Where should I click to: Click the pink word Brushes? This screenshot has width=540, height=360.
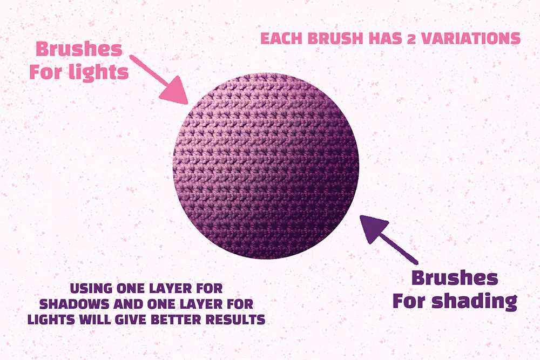pos(79,49)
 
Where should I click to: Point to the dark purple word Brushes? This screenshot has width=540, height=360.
pos(454,278)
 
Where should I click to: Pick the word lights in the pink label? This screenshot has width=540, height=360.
pos(102,72)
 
